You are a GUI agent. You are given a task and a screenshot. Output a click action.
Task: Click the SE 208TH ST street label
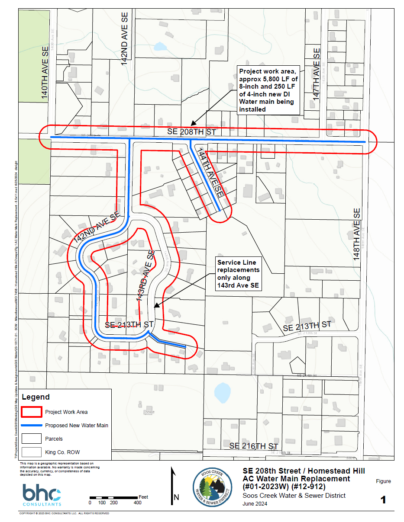click(191, 131)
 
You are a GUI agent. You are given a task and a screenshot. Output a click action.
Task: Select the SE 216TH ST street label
click(254, 446)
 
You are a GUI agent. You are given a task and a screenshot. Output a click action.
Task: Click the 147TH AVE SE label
click(317, 75)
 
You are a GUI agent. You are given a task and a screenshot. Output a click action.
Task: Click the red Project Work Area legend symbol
click(32, 412)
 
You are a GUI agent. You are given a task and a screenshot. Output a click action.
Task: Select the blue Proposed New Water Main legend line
click(32, 426)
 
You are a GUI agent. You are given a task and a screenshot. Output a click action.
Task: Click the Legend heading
click(36, 397)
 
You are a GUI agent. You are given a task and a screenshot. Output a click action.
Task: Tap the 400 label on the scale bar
click(137, 503)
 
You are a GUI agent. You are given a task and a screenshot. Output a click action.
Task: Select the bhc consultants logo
click(42, 495)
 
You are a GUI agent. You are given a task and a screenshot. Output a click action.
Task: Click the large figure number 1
click(383, 500)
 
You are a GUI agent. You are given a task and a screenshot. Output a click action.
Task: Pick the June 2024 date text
click(255, 503)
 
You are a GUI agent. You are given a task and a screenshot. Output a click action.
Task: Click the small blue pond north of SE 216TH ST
click(222, 393)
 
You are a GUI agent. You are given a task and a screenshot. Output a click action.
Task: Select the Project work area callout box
click(268, 90)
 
